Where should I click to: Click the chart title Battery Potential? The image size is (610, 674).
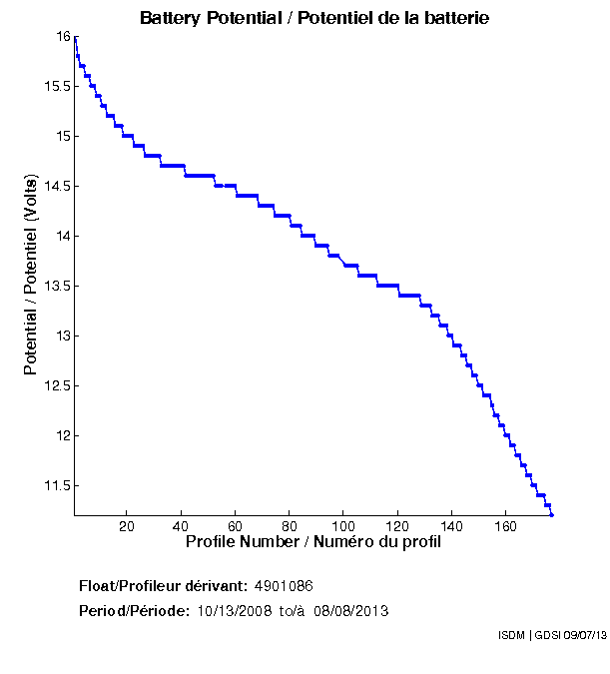(314, 18)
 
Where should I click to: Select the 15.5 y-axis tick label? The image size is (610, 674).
(58, 86)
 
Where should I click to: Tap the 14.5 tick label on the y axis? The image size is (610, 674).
(58, 186)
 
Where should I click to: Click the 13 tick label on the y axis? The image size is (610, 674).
(64, 336)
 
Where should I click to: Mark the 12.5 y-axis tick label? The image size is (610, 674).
(58, 385)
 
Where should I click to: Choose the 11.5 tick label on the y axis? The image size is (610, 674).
(58, 485)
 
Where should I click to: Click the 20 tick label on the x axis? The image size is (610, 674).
(127, 525)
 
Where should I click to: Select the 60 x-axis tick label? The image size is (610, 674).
(235, 525)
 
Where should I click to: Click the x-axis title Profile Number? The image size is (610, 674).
(313, 542)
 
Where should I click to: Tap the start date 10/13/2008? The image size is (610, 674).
(235, 610)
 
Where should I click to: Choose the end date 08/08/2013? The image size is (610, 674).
(351, 610)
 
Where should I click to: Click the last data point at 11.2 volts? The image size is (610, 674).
(551, 514)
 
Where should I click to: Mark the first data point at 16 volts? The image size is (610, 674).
(76, 37)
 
